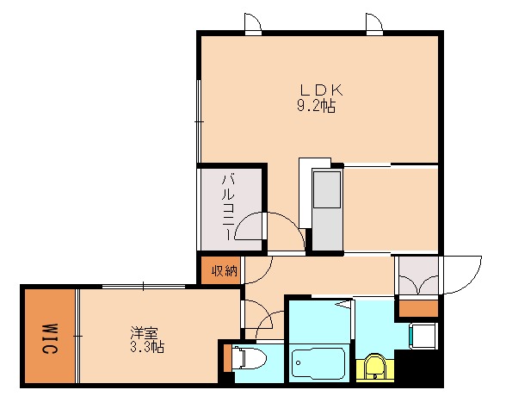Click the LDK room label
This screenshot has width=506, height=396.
(322, 90)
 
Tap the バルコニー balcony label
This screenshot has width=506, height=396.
(229, 207)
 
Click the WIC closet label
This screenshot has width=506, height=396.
(49, 338)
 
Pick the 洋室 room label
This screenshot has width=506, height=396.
(145, 332)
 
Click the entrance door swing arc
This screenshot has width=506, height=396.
(461, 275)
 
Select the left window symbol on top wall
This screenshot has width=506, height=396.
(251, 23)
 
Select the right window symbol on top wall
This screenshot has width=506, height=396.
(373, 23)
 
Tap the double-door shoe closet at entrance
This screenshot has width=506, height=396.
(417, 275)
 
